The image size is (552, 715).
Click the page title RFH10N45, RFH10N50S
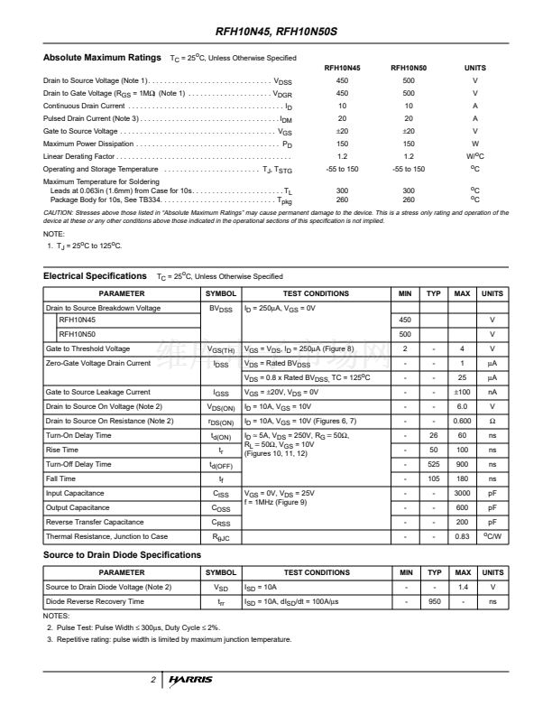coord(277,33)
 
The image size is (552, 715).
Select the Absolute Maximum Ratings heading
coord(103,58)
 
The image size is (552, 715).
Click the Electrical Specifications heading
coord(95,275)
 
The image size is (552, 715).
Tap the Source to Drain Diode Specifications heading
coord(123,554)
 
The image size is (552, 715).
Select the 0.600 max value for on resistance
coord(462,421)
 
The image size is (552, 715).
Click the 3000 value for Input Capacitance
coord(462,493)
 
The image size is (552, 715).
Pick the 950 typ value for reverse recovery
coord(434,601)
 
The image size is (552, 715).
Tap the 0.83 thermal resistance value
coord(462,536)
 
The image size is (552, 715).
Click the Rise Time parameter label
coord(62,450)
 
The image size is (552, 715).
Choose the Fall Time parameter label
coord(60,478)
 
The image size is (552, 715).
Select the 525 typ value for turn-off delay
coord(434,464)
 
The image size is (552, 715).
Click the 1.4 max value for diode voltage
coord(462,587)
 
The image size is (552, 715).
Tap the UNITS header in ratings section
coord(474,68)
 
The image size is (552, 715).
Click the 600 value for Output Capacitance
coord(462,507)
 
